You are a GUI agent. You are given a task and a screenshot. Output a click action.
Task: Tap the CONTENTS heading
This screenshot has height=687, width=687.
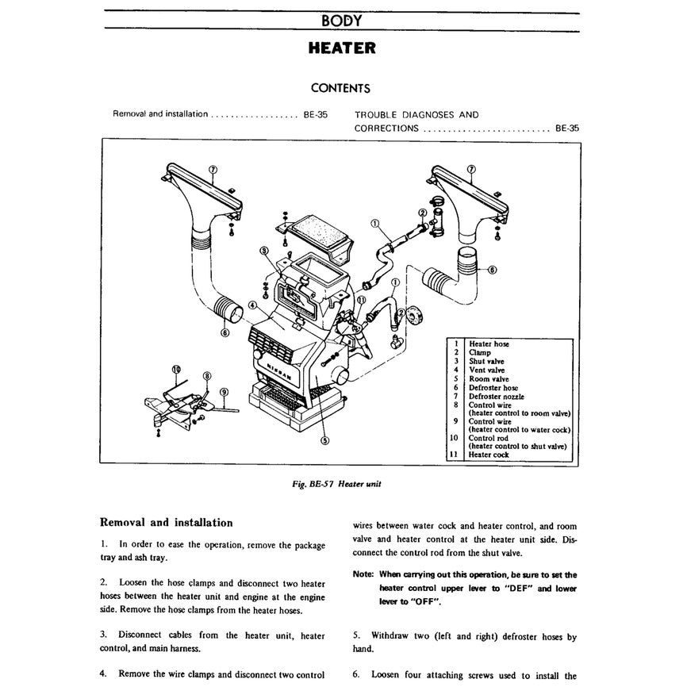pos(340,88)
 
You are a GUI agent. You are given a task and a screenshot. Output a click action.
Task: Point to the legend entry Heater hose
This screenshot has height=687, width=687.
pos(489,344)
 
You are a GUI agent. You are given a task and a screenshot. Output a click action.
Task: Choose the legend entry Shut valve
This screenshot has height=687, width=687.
pos(486,361)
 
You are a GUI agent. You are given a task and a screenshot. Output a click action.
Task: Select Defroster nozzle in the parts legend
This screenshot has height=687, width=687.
pos(496,397)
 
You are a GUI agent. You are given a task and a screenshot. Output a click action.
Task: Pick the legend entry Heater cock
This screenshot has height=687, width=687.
pos(489,455)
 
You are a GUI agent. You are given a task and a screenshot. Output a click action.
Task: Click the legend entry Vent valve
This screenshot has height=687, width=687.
pos(486,370)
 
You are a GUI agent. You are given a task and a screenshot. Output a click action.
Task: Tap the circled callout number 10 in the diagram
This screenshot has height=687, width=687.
pos(176,369)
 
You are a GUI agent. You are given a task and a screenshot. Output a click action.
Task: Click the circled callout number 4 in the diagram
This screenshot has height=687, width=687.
pos(251,305)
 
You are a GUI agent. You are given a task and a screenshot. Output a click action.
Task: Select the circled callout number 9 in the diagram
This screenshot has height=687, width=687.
pos(224,392)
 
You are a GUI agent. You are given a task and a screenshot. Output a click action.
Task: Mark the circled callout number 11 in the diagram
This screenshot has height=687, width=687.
pos(361,301)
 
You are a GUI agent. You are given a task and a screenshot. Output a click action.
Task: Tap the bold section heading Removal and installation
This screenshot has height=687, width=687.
pos(166,523)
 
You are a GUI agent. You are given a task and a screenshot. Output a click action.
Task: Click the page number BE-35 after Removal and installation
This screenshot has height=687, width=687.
pos(315,114)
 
